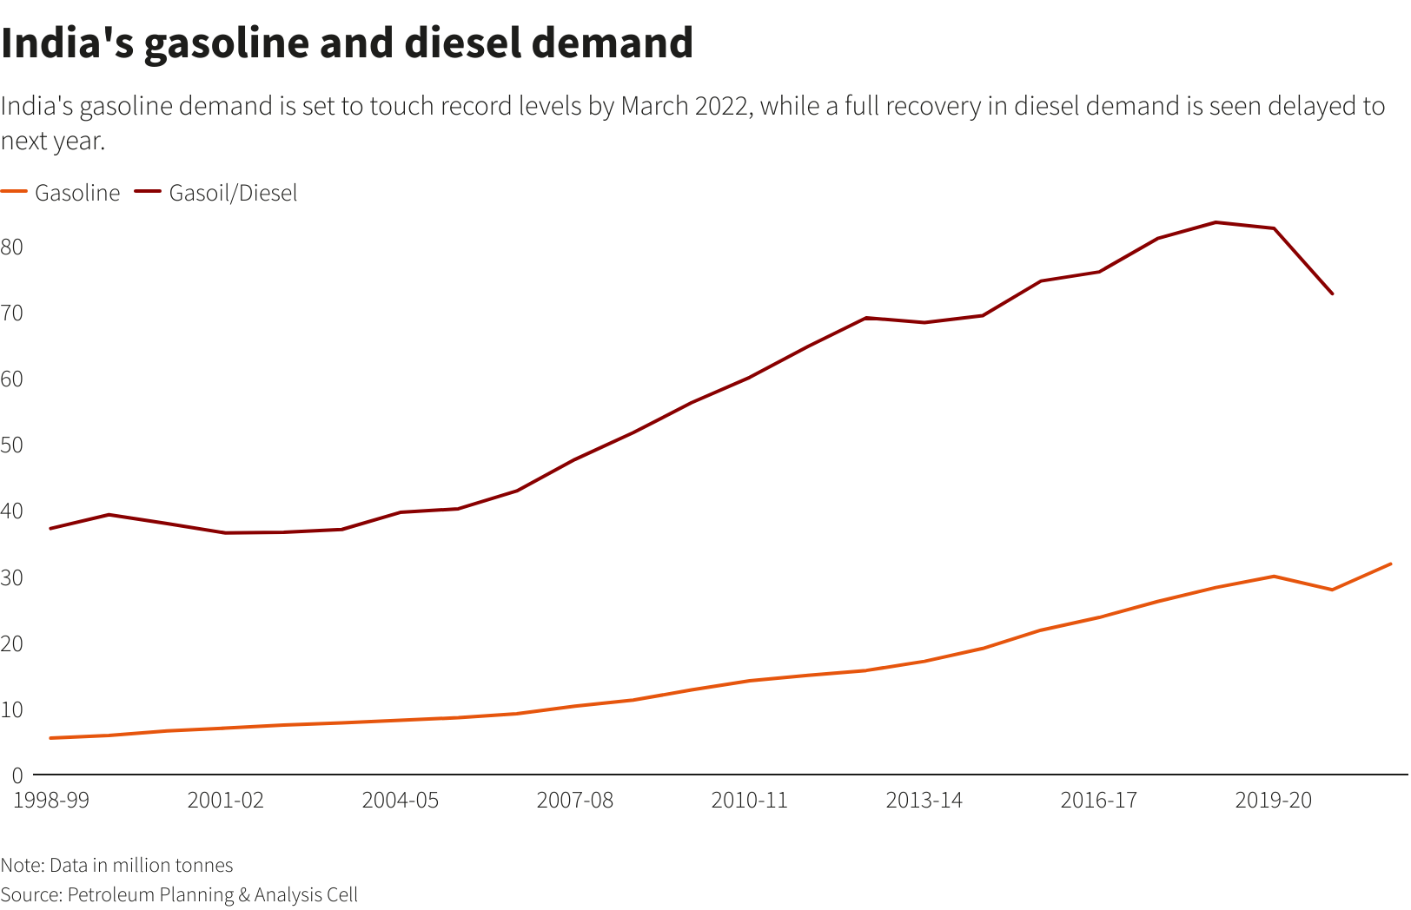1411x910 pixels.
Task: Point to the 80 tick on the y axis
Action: (x=12, y=247)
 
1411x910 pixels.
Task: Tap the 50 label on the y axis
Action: (x=12, y=445)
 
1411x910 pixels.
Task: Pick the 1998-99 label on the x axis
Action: (x=51, y=800)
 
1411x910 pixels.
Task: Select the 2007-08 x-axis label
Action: (x=574, y=800)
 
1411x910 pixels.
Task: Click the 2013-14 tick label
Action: (x=924, y=800)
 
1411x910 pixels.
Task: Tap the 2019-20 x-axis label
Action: (x=1273, y=800)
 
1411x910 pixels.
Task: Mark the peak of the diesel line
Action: (x=1216, y=222)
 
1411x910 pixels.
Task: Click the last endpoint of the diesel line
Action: (x=1332, y=293)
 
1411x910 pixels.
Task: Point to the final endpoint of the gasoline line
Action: (x=1390, y=564)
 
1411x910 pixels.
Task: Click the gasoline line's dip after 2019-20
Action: (x=1332, y=590)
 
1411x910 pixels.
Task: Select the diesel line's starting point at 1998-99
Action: (x=51, y=528)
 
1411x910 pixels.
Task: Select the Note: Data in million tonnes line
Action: (x=116, y=865)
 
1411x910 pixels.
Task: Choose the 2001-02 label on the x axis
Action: (x=226, y=800)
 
